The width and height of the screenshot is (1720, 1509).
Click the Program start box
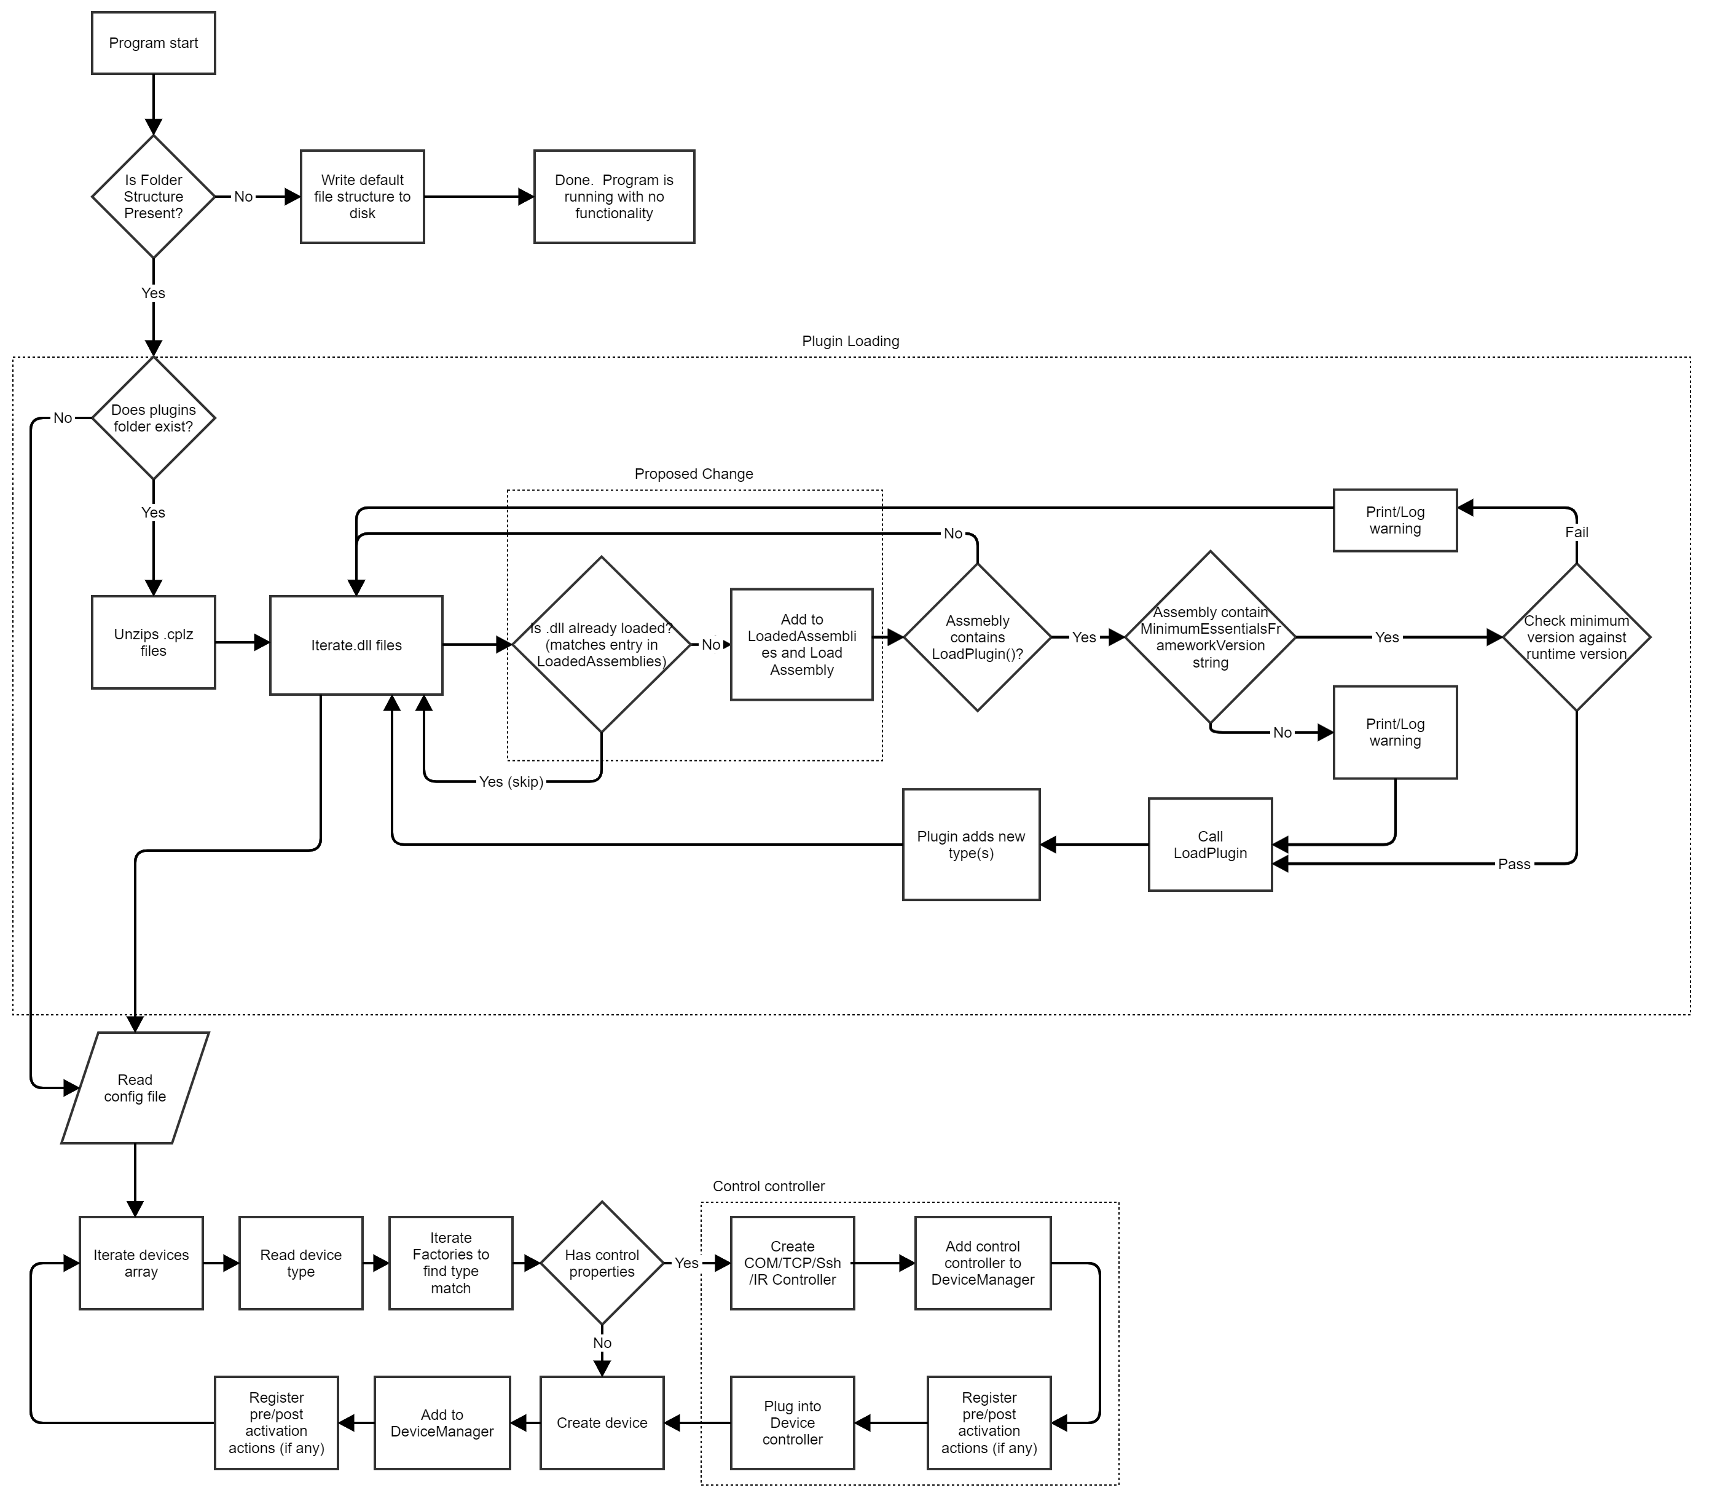click(x=153, y=43)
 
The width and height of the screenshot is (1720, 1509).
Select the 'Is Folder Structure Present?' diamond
click(x=153, y=196)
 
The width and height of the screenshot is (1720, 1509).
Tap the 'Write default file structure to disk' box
click(x=362, y=196)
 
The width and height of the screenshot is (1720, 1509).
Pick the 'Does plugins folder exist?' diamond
click(x=153, y=418)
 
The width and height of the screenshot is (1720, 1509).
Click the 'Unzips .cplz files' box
click(x=153, y=642)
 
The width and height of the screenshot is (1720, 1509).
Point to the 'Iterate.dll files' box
click(x=356, y=645)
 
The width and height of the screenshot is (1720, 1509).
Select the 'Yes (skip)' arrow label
click(x=511, y=782)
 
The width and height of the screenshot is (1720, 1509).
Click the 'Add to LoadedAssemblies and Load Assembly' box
click(x=801, y=645)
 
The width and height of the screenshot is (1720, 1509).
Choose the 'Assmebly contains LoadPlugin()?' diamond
click(x=977, y=637)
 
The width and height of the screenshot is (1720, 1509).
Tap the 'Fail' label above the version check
click(x=1576, y=532)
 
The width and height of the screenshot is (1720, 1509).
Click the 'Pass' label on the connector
click(x=1514, y=864)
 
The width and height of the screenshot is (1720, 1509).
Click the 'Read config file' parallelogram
click(x=135, y=1088)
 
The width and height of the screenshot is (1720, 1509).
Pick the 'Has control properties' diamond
click(x=602, y=1263)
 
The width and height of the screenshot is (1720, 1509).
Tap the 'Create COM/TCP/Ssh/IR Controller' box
click(x=792, y=1263)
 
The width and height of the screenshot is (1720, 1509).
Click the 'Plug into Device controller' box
click(x=792, y=1423)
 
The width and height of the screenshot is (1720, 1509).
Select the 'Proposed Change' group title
click(x=693, y=474)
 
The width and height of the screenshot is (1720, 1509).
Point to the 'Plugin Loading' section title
click(x=850, y=341)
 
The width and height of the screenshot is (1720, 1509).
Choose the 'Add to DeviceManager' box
click(x=442, y=1423)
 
